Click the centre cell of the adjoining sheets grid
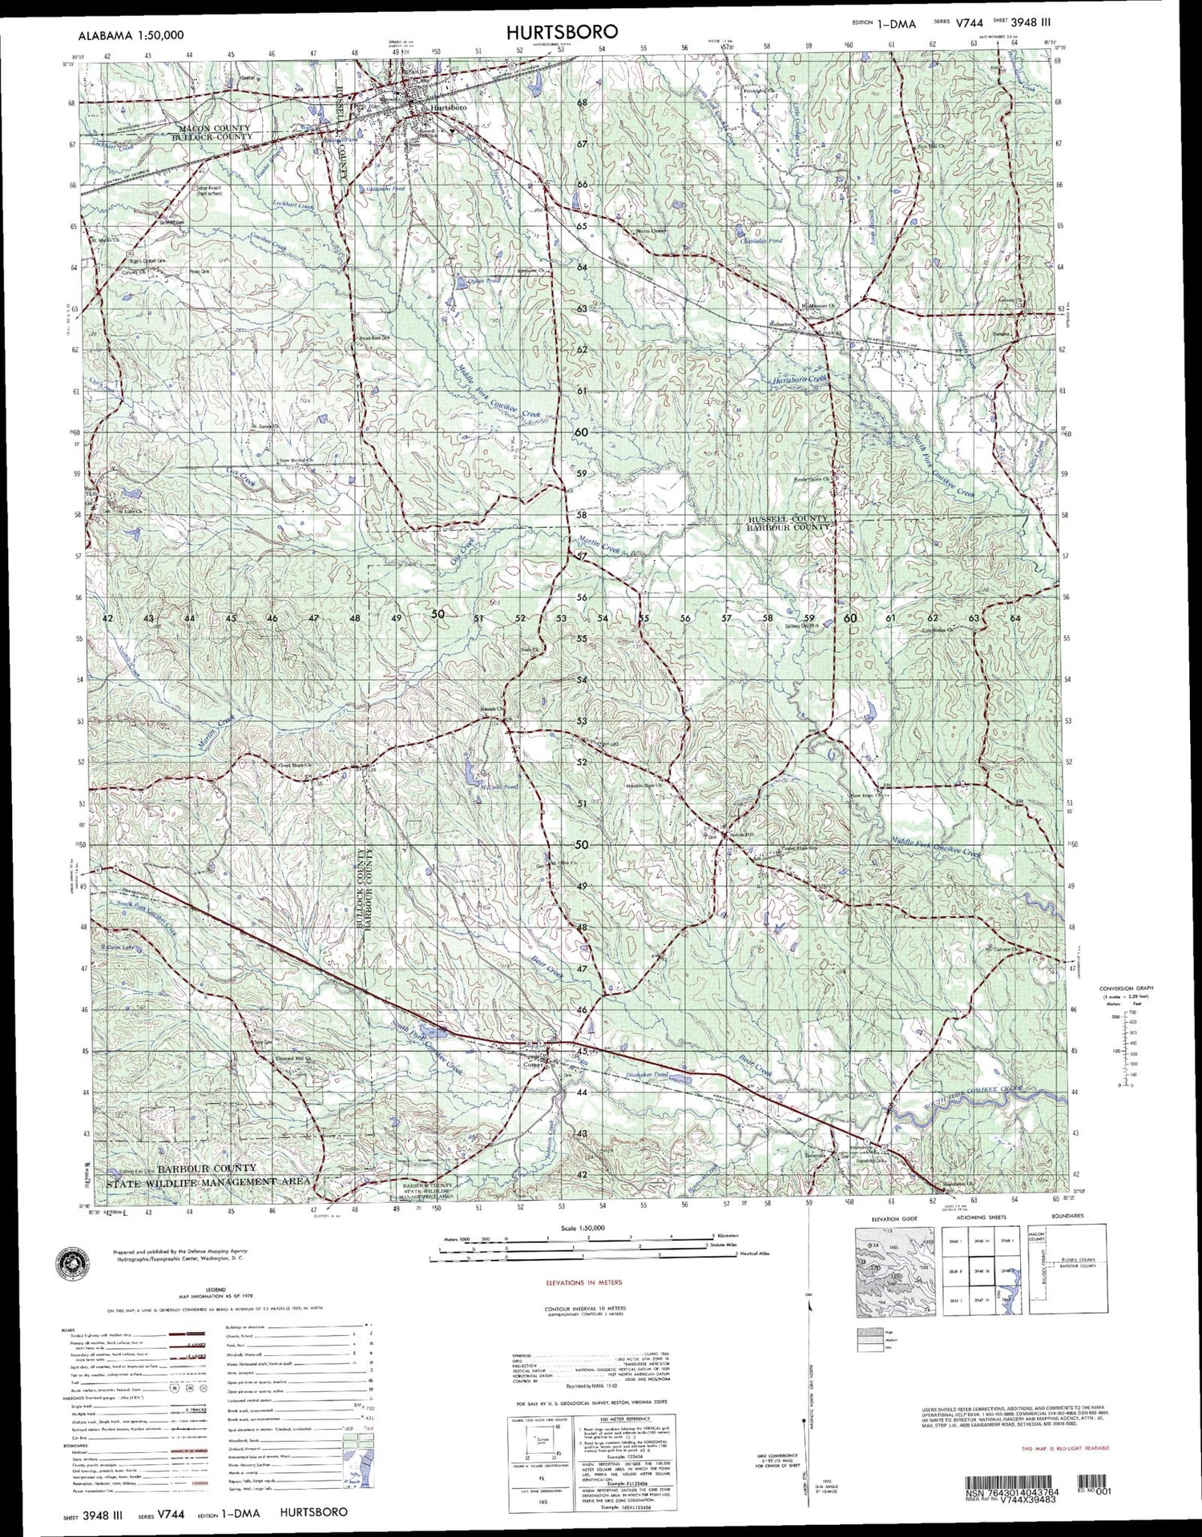coord(978,1270)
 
